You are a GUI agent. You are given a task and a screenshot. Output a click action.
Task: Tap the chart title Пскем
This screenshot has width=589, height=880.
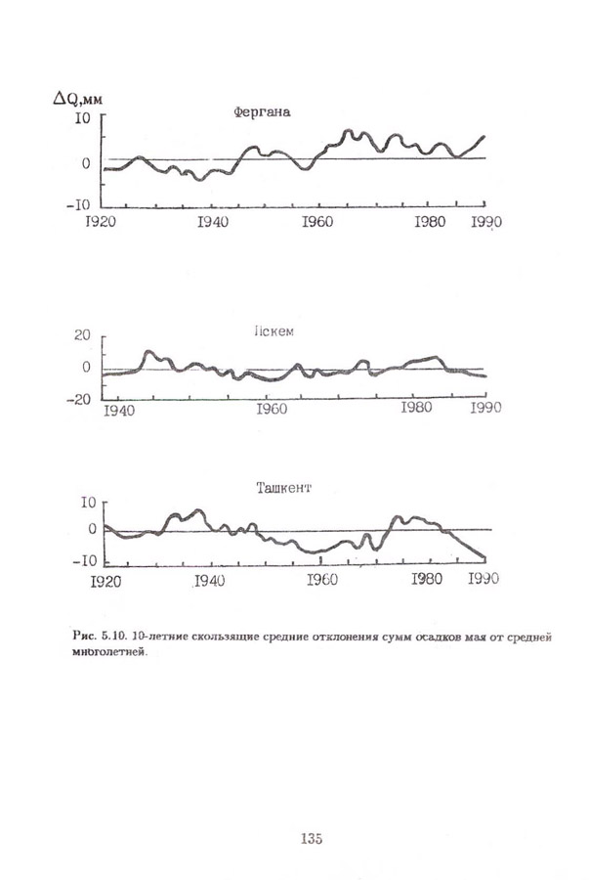coord(275,330)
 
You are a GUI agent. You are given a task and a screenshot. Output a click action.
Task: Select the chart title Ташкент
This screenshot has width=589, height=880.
coord(281,486)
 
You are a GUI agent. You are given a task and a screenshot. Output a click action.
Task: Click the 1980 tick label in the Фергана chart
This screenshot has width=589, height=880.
coord(431,222)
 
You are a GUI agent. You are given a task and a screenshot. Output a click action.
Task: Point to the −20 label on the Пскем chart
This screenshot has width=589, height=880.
coord(78,399)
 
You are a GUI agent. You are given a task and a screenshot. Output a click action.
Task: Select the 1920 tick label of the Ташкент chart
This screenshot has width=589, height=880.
coord(103,580)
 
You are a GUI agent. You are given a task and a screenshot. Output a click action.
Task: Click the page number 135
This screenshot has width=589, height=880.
coord(312,838)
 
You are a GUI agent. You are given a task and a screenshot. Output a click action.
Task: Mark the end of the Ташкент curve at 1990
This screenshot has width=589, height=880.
coord(484,559)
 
